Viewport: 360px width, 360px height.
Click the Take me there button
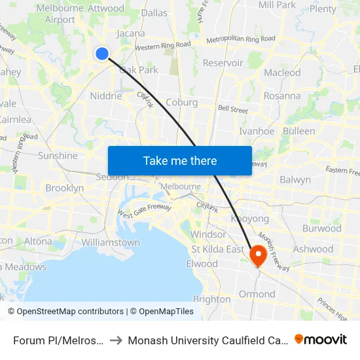point(180,160)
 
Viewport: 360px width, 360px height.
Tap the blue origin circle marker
point(102,54)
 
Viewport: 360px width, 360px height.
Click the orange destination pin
point(258,254)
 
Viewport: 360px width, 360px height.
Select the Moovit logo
point(321,339)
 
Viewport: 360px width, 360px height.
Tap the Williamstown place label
point(111,242)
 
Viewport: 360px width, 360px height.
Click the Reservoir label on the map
point(223,63)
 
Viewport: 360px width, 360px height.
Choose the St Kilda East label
point(217,249)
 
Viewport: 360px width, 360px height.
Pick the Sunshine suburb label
point(58,156)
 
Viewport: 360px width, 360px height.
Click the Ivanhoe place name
point(257,131)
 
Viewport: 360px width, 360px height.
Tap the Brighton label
point(212,299)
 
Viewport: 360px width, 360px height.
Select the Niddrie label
point(105,96)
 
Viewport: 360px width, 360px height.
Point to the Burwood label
point(321,228)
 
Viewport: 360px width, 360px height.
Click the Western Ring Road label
point(162,46)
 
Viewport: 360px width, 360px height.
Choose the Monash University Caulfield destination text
point(207,340)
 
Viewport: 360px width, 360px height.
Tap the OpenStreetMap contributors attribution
point(65,312)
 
